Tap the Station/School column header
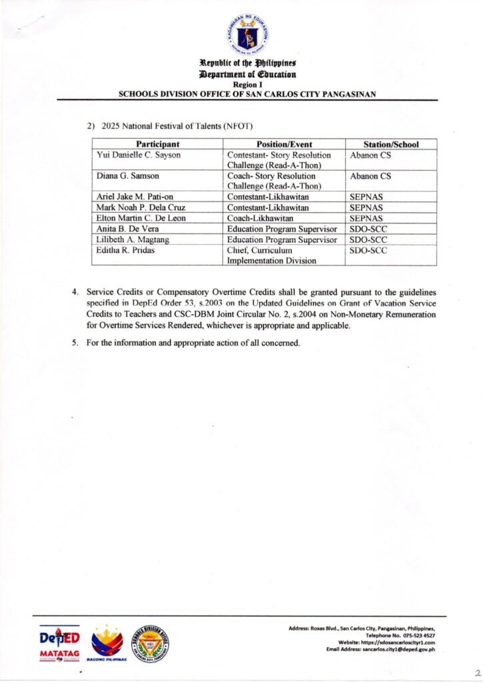tap(391, 144)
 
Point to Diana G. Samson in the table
tap(125, 177)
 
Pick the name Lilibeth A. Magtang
tap(130, 239)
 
